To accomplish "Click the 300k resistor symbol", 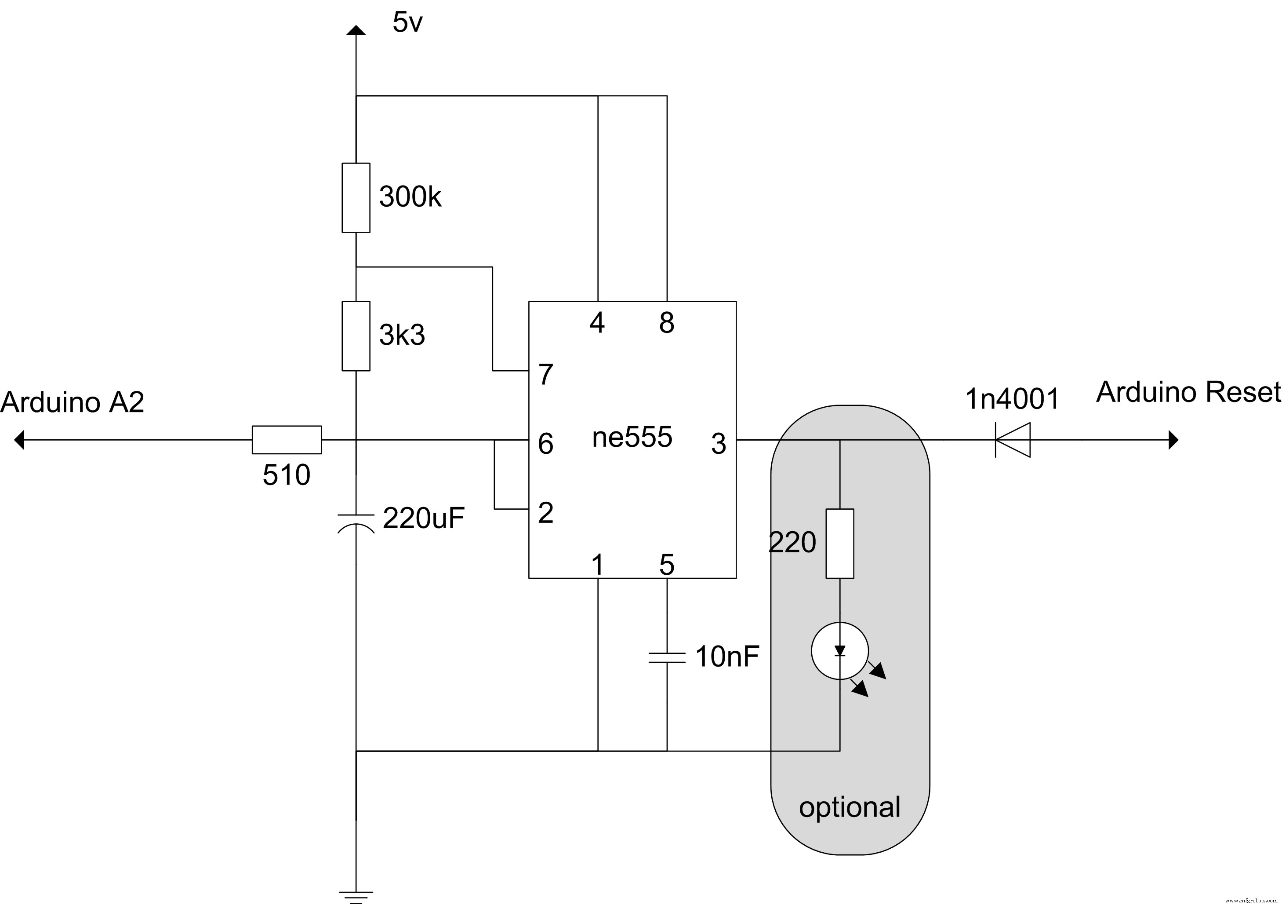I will [x=356, y=198].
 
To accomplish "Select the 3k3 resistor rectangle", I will [x=356, y=336].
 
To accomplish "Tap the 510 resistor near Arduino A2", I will [x=287, y=440].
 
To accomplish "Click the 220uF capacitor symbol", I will [x=356, y=521].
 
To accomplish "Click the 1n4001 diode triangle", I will [x=1012, y=440].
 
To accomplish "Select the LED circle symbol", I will [x=840, y=651].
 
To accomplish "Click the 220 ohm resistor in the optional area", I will [x=840, y=544].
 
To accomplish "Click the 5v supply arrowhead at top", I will [x=356, y=30].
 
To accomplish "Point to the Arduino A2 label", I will [x=73, y=402].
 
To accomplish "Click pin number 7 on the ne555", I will [x=545, y=374].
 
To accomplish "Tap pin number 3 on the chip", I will [x=718, y=444].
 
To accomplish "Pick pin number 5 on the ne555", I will [x=667, y=565].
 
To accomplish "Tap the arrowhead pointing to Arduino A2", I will [x=19, y=440].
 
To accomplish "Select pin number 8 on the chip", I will [x=667, y=322].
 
